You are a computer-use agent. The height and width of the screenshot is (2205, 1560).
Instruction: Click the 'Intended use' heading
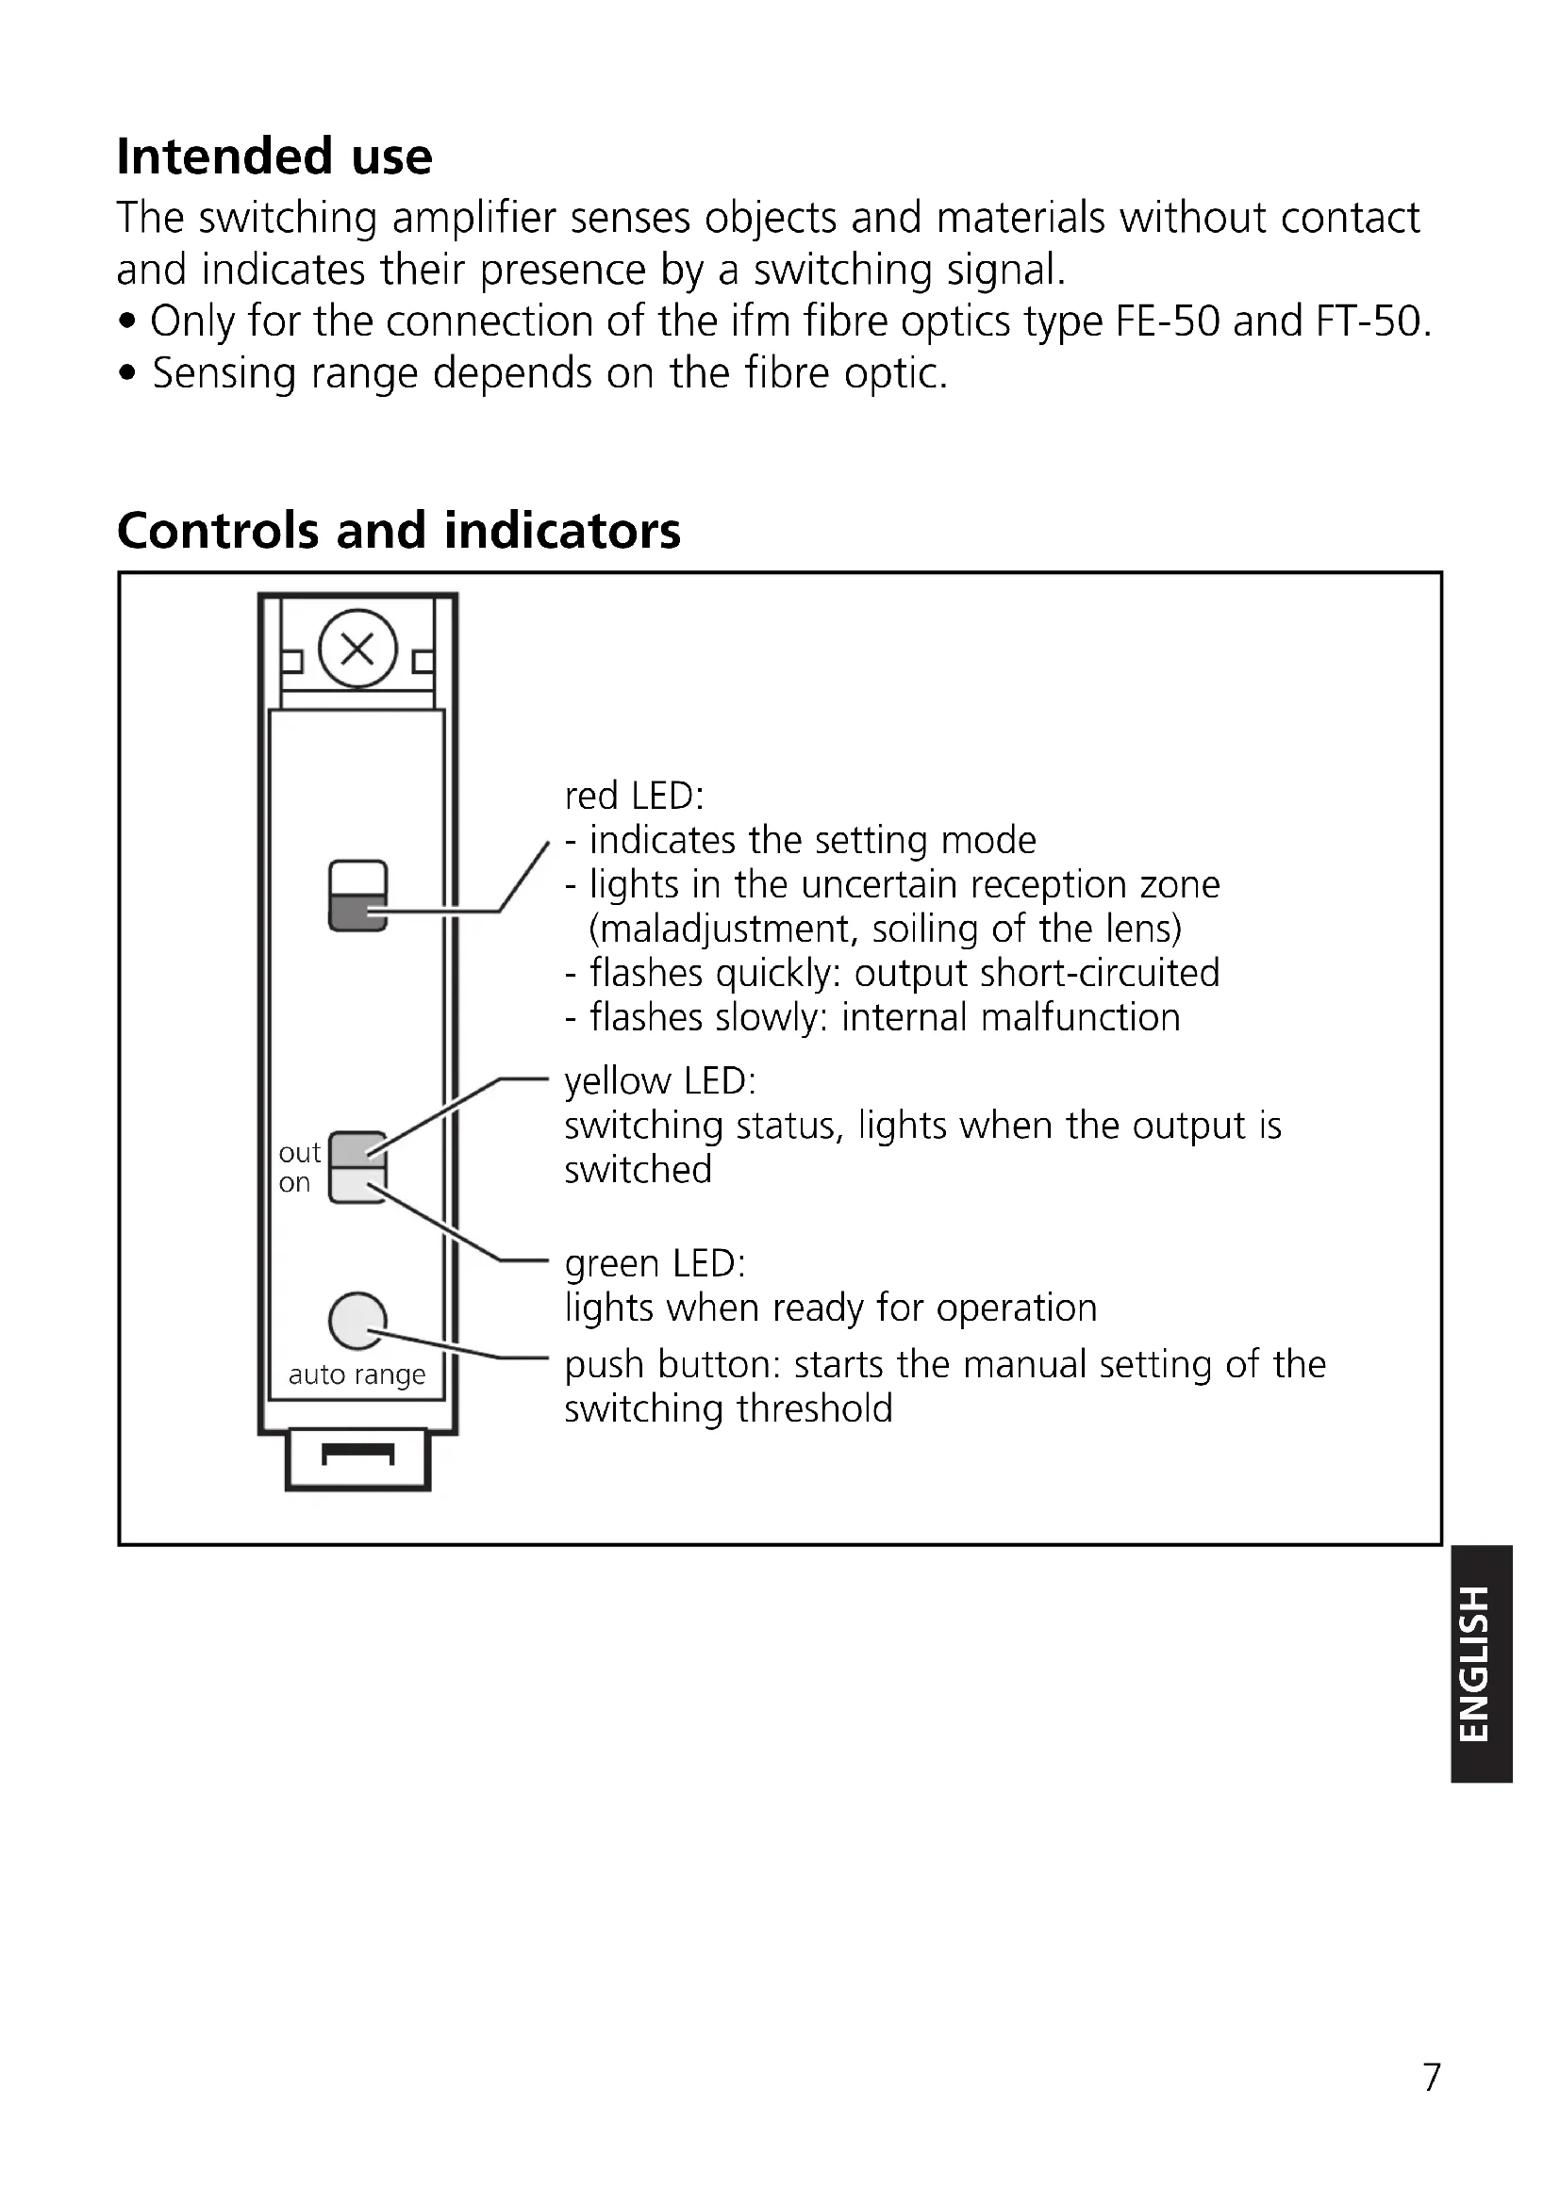tap(274, 156)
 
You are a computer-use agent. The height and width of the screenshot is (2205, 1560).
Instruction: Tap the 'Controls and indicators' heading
tap(399, 530)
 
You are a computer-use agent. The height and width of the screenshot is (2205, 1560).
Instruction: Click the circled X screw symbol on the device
tap(357, 650)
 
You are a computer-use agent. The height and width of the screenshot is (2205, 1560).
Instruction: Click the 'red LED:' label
tap(634, 797)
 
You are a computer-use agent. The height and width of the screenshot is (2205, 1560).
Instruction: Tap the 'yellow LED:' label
tap(660, 1081)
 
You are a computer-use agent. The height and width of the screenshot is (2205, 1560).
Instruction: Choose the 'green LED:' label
tap(655, 1263)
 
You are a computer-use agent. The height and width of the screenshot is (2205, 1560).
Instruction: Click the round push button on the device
tap(357, 1322)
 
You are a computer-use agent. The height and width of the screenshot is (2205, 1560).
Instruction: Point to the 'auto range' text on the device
tap(357, 1374)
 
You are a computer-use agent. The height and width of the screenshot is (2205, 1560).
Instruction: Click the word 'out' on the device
tap(299, 1152)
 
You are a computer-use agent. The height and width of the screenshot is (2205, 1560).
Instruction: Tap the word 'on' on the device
tap(294, 1183)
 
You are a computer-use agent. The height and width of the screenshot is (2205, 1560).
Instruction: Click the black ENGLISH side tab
tap(1483, 1664)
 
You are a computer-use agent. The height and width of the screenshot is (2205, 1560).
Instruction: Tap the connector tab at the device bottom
tap(357, 1457)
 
